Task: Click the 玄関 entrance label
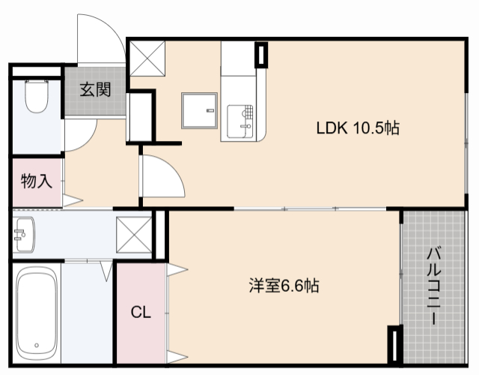95,91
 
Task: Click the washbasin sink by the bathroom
25,237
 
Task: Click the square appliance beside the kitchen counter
198,112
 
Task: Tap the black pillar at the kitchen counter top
260,55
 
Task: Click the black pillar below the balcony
394,346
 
